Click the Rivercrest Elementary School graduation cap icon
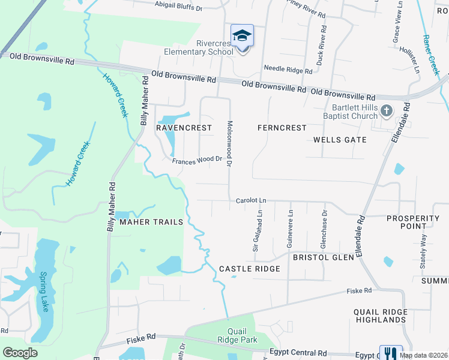(242, 36)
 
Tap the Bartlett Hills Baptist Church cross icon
(386, 111)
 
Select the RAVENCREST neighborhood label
(184, 128)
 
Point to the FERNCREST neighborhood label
(282, 128)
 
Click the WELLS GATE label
(340, 140)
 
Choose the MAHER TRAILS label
(151, 222)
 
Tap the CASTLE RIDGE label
(249, 269)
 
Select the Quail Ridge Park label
(243, 335)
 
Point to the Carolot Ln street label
(251, 200)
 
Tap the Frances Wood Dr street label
(197, 160)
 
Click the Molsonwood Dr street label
(229, 143)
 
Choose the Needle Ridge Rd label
(288, 70)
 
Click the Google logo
(20, 353)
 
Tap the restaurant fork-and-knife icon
(390, 353)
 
